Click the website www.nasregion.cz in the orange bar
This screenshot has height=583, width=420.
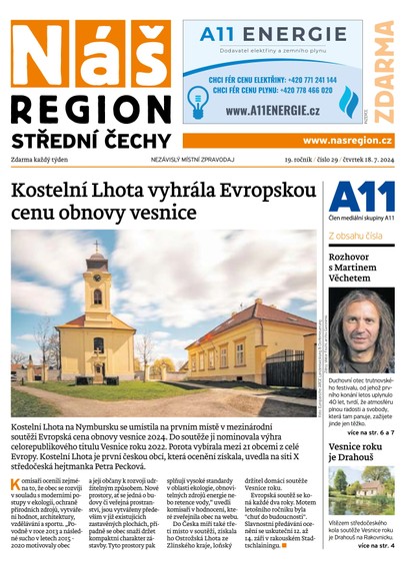tap(347, 141)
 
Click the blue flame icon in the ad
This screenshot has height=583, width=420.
tap(347, 101)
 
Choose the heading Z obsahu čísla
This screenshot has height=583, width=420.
tap(355, 236)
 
